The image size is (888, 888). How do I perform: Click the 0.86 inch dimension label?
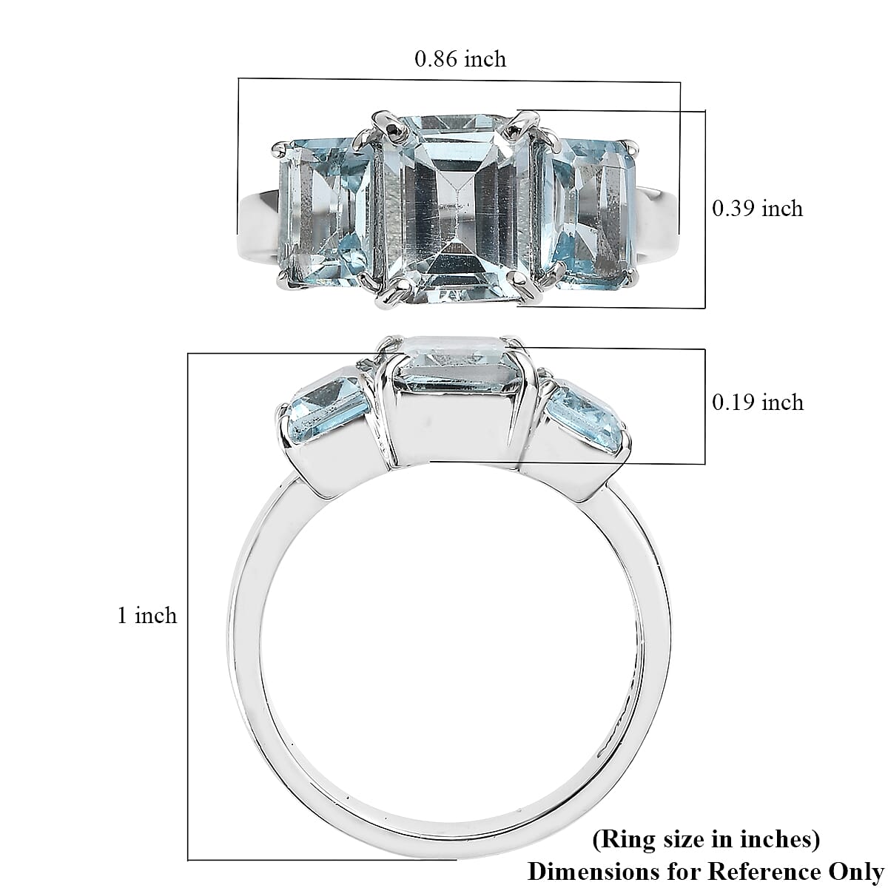coord(460,59)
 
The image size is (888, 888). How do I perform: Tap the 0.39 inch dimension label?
coord(756,209)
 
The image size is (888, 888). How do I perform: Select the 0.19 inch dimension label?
coord(756,403)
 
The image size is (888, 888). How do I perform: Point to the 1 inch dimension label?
coord(147,616)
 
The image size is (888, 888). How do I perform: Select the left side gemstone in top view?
coord(326,211)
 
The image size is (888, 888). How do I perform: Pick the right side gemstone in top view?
coord(588,211)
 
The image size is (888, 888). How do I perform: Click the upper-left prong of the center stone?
coord(386,122)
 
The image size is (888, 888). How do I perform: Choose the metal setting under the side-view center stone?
coord(453,429)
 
